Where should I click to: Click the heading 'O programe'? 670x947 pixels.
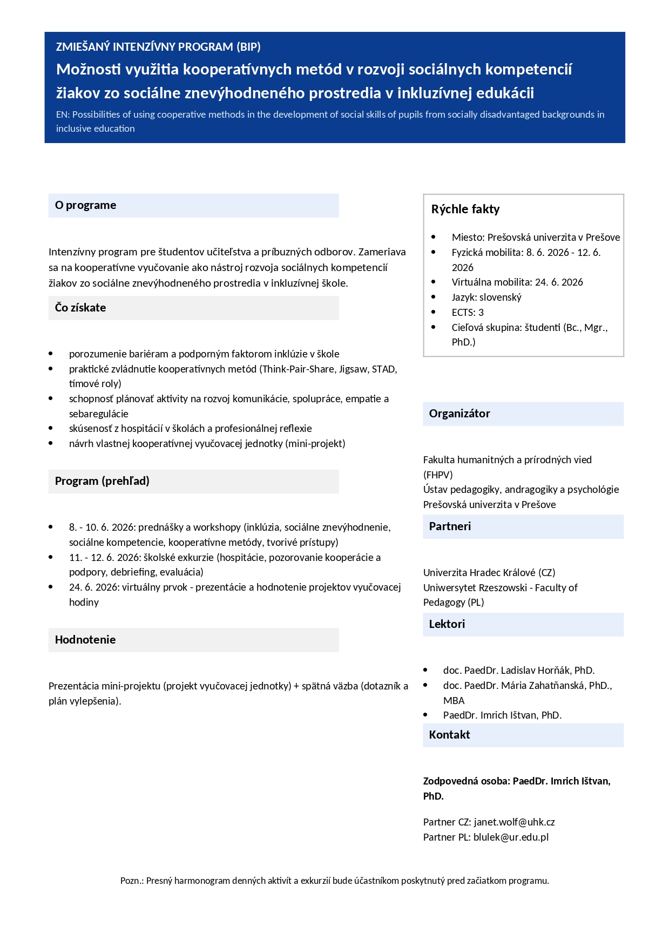[85, 205]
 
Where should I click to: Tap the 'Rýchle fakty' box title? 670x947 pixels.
[465, 209]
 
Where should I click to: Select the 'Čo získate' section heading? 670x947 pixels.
[80, 308]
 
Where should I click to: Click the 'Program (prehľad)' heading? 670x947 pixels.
[102, 481]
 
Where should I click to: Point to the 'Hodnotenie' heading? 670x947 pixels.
[85, 640]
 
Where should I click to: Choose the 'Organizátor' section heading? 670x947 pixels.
[459, 414]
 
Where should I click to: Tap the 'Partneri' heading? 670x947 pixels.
[450, 526]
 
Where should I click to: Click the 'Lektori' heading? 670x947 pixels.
[446, 624]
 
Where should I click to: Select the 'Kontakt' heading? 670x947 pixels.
[449, 735]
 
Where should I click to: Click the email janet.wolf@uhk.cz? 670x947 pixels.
[514, 822]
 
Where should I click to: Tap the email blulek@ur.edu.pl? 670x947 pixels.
[511, 837]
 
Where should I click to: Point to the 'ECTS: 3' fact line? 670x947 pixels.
[468, 312]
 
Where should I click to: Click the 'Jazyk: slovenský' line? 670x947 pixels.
[486, 297]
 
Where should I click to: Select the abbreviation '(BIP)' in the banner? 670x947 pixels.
[248, 47]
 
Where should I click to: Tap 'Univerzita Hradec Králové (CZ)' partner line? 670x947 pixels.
[489, 572]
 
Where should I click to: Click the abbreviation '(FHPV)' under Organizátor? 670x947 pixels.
[438, 475]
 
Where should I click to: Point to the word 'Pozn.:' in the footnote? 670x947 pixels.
[132, 881]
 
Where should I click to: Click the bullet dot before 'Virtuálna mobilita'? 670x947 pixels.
[434, 282]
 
